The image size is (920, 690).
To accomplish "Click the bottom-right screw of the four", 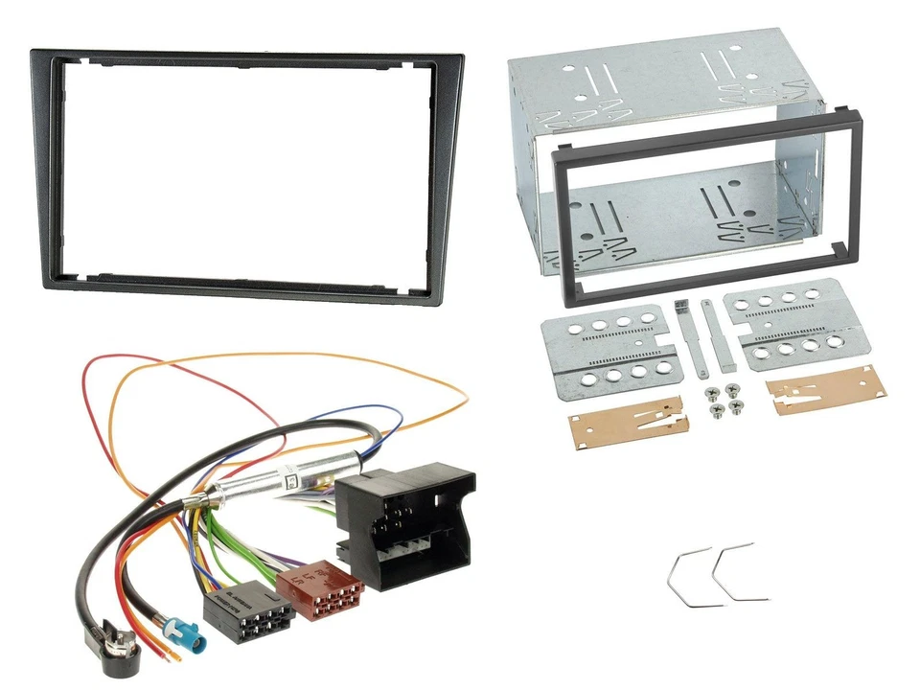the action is tap(736, 408).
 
